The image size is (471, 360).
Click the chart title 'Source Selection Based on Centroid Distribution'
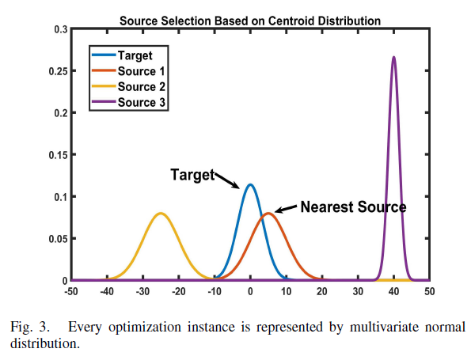(250, 21)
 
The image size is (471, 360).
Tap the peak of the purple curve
(393, 58)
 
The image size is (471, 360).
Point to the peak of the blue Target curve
(250, 185)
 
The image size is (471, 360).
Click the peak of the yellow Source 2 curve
(161, 213)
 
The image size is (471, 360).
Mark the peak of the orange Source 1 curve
(268, 213)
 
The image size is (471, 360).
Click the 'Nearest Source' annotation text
(353, 207)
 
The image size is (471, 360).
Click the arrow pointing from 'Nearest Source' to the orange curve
(286, 210)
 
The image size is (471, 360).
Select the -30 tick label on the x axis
(143, 291)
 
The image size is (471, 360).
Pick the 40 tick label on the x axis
(393, 291)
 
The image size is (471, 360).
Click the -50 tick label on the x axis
(72, 291)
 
